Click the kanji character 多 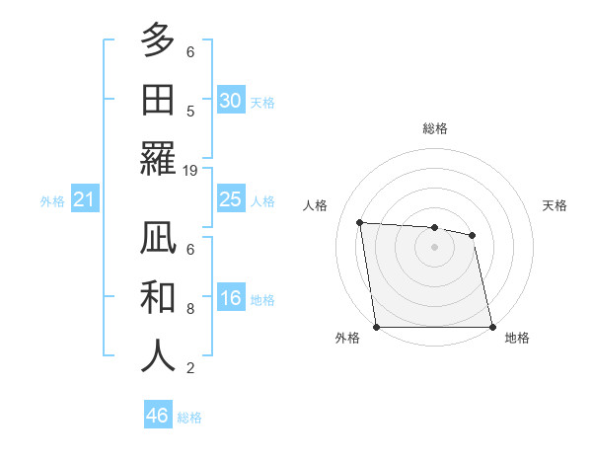pyautogui.click(x=158, y=41)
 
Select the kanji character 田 pyautogui.click(x=158, y=99)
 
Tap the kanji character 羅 pyautogui.click(x=158, y=157)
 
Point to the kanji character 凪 pyautogui.click(x=158, y=239)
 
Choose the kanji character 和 pyautogui.click(x=158, y=297)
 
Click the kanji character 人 pyautogui.click(x=158, y=355)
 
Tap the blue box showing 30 pyautogui.click(x=231, y=100)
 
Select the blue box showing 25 pyautogui.click(x=231, y=199)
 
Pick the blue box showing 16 pyautogui.click(x=231, y=299)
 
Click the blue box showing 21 pyautogui.click(x=84, y=200)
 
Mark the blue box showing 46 pyautogui.click(x=158, y=416)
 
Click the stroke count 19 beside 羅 pyautogui.click(x=190, y=170)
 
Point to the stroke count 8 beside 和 pyautogui.click(x=190, y=309)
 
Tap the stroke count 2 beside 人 pyautogui.click(x=190, y=368)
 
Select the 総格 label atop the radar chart pyautogui.click(x=434, y=128)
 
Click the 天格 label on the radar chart pyautogui.click(x=555, y=205)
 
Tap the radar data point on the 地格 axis pyautogui.click(x=492, y=327)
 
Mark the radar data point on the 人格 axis pyautogui.click(x=360, y=222)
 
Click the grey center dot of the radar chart pyautogui.click(x=434, y=247)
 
